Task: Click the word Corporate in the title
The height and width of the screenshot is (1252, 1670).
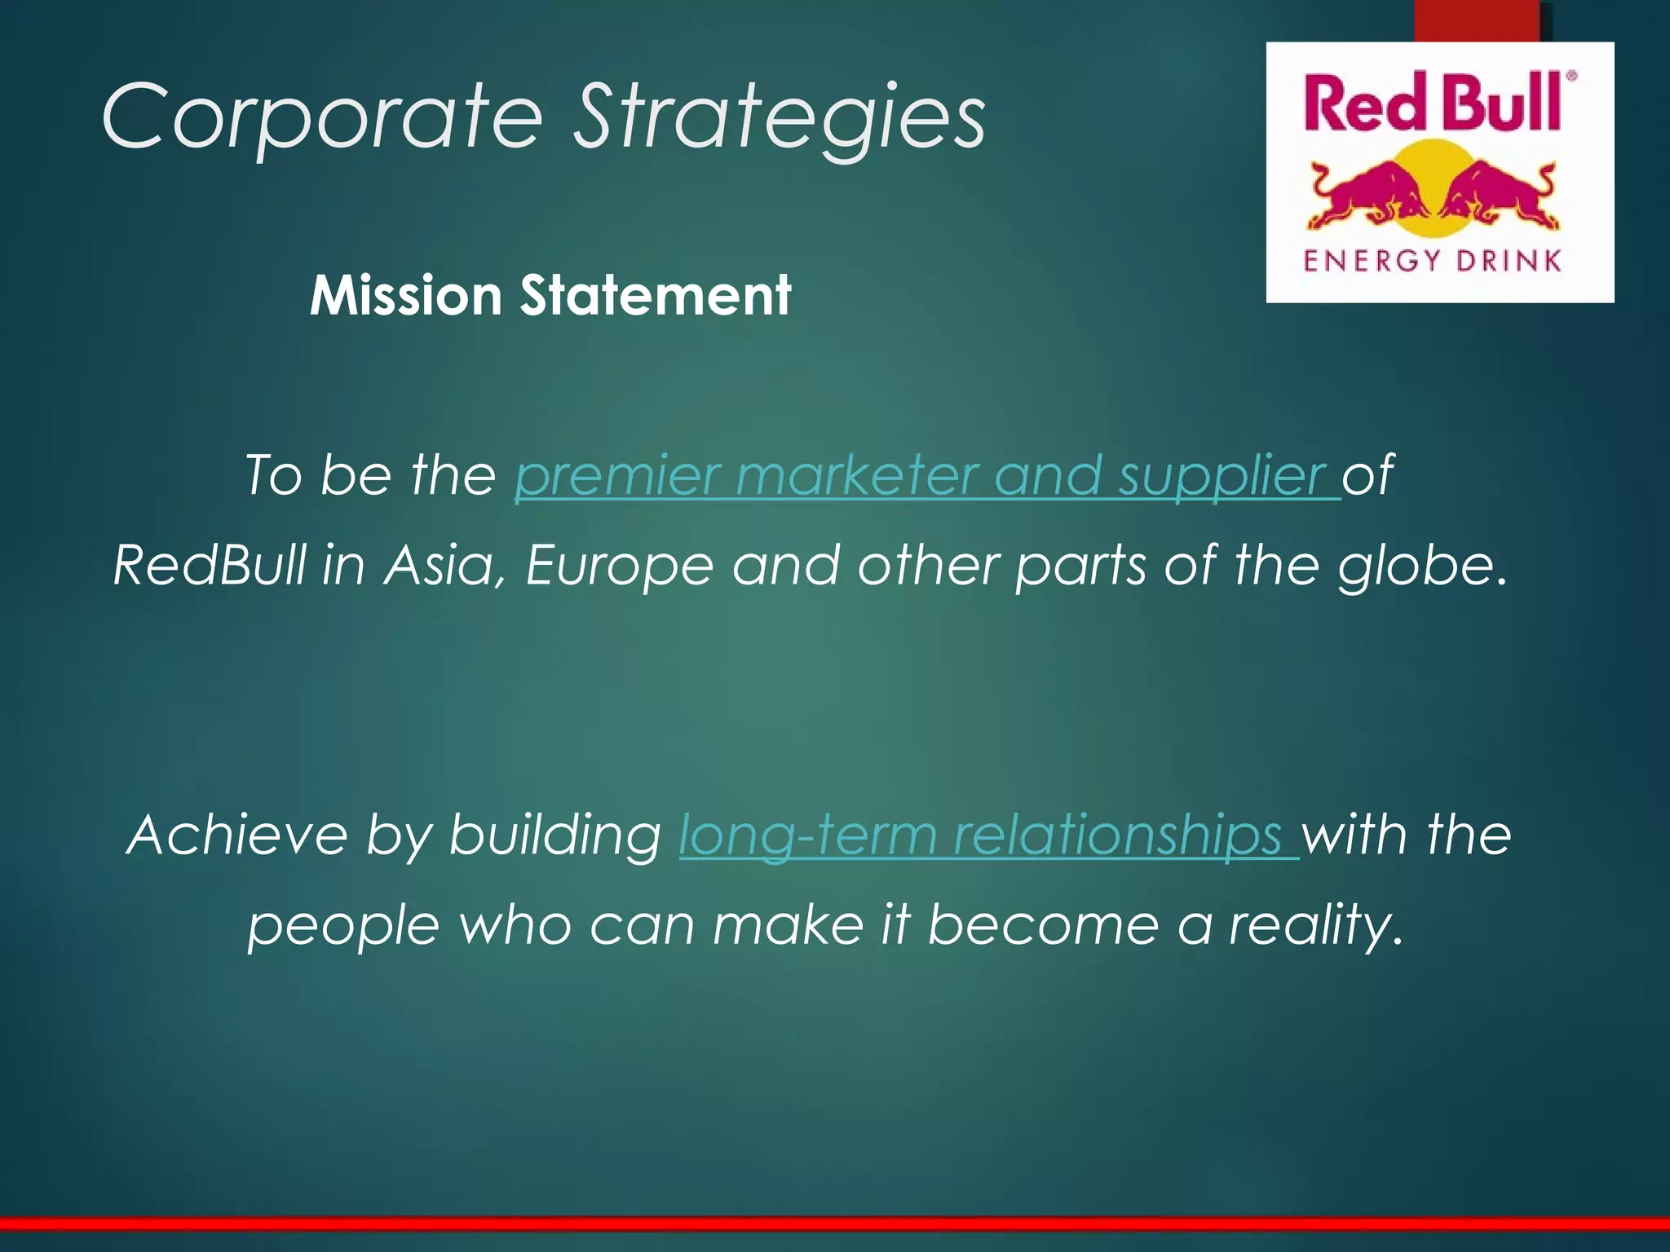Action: (321, 117)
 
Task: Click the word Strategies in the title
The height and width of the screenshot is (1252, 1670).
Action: (779, 117)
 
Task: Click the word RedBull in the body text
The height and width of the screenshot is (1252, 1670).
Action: (210, 565)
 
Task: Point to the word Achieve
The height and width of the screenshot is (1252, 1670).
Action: (237, 835)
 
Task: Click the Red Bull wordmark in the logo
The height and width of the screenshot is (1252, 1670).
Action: (1432, 103)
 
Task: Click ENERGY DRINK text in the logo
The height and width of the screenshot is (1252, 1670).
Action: (1432, 261)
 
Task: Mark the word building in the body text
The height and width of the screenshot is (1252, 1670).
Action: (554, 835)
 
